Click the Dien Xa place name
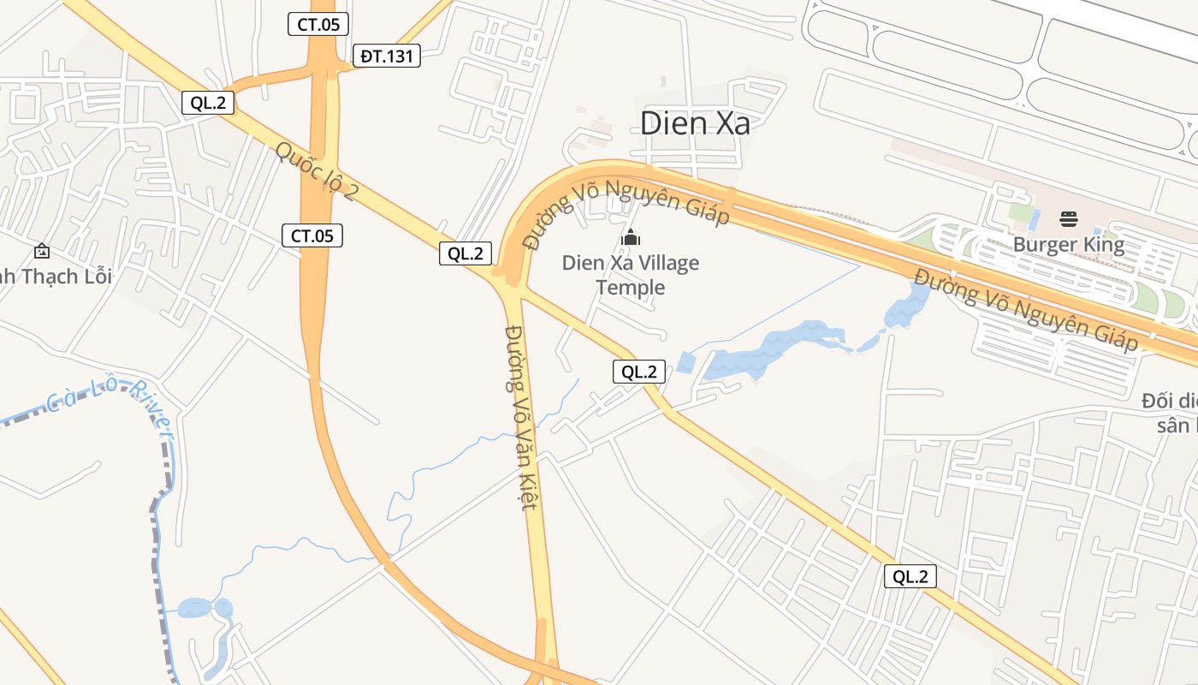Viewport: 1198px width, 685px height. click(x=695, y=123)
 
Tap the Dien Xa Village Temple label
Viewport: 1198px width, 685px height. click(x=631, y=275)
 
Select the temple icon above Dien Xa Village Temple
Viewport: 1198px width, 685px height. click(x=631, y=237)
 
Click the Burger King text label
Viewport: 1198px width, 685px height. click(x=1068, y=245)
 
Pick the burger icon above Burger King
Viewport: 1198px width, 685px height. click(x=1068, y=219)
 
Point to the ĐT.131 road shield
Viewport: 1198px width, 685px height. click(x=387, y=57)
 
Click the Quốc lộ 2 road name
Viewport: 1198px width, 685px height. click(x=316, y=171)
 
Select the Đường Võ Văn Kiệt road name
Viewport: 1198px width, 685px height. click(x=522, y=417)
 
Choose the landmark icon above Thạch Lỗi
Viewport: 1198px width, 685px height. click(x=41, y=251)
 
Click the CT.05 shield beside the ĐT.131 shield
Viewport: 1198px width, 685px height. click(x=317, y=25)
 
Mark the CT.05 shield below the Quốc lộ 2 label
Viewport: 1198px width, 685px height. click(x=312, y=235)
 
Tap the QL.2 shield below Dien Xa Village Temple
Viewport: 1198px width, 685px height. click(x=639, y=372)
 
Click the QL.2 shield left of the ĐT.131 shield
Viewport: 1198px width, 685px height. click(x=208, y=103)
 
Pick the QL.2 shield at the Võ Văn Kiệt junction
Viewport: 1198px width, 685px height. click(x=466, y=253)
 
